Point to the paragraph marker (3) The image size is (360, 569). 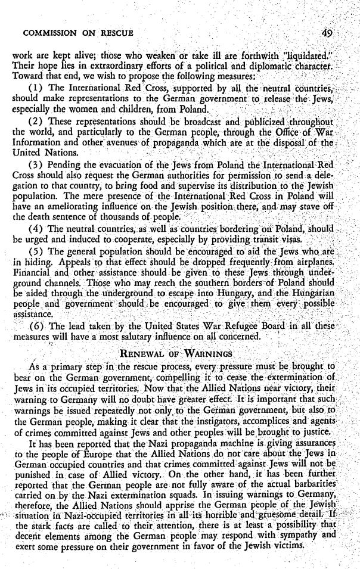click(x=37, y=173)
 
